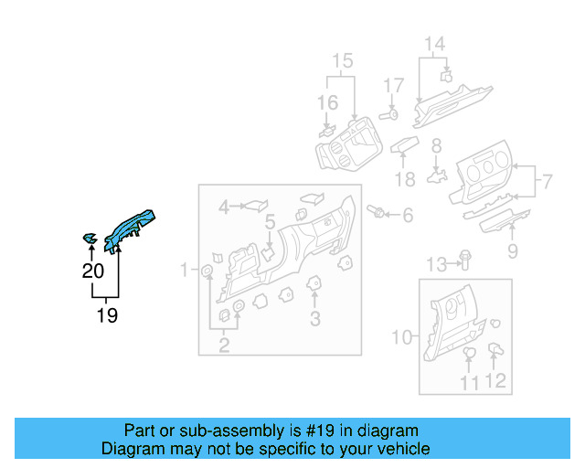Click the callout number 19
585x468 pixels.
tap(107, 316)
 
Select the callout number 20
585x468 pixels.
tap(92, 271)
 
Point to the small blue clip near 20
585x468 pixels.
tap(90, 239)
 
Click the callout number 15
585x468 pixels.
tap(342, 62)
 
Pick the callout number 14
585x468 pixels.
tap(433, 44)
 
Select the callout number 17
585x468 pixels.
tap(393, 86)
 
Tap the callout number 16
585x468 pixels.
tap(327, 102)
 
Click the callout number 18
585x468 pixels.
tap(405, 178)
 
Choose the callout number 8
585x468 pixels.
tap(436, 144)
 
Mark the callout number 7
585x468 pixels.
tap(547, 181)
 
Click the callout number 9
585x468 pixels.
tap(512, 250)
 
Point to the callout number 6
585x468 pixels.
tap(408, 216)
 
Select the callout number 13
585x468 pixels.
tap(437, 265)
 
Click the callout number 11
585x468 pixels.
tap(469, 383)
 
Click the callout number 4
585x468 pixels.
tap(224, 208)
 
